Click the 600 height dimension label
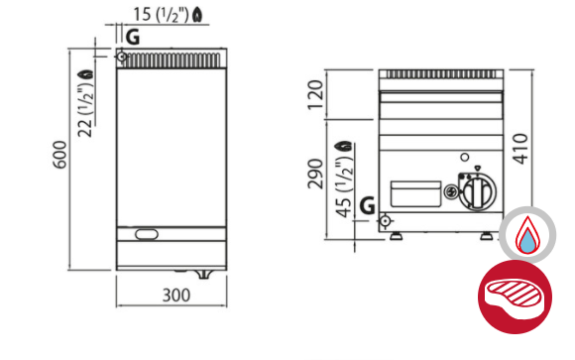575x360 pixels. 59,155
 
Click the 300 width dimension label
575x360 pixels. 176,296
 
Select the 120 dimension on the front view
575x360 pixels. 315,95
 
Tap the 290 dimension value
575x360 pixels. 315,174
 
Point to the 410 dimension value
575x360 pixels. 520,149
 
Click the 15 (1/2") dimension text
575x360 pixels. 161,15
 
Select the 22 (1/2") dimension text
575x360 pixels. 85,109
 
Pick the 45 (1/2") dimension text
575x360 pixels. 344,187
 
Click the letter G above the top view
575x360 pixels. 133,37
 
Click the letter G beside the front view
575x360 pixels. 368,205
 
